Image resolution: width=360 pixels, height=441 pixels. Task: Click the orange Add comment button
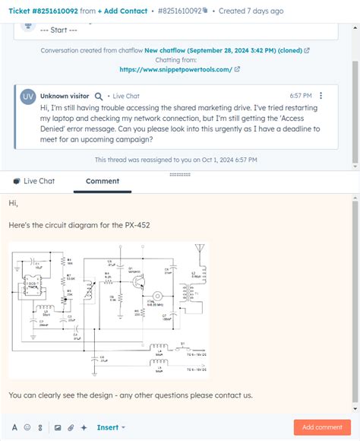click(x=322, y=427)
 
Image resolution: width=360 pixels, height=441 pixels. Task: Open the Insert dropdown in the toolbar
click(x=111, y=427)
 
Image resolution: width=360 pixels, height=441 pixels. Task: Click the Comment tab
click(x=103, y=181)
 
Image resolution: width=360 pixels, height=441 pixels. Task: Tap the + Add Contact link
click(x=123, y=11)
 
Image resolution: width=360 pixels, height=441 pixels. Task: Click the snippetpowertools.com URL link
click(x=175, y=69)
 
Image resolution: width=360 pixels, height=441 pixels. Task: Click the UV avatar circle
click(x=28, y=97)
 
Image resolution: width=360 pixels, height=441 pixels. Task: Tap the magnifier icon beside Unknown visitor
click(x=99, y=97)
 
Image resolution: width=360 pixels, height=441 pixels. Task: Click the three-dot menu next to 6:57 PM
click(x=321, y=96)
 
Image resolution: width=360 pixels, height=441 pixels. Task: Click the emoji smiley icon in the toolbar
click(x=27, y=427)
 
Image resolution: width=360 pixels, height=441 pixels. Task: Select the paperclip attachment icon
click(x=71, y=427)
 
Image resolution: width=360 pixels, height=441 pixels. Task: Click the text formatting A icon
click(x=14, y=427)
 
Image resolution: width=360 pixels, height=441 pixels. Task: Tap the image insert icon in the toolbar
click(x=57, y=427)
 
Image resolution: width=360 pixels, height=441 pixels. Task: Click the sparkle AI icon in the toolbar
click(x=84, y=427)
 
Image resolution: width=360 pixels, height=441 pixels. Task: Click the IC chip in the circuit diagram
click(x=33, y=287)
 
